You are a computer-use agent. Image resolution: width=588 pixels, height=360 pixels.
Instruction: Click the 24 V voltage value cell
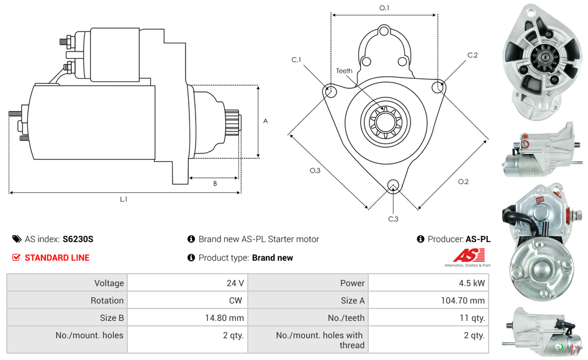pos(235,283)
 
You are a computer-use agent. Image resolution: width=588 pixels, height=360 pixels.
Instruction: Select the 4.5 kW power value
pos(474,283)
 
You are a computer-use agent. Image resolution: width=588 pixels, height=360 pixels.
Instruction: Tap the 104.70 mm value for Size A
pos(459,300)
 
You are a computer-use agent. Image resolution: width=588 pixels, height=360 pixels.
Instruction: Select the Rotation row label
pos(107,300)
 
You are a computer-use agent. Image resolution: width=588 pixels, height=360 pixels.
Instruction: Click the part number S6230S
pos(78,239)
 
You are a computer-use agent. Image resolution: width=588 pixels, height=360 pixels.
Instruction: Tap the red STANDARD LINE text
pos(57,258)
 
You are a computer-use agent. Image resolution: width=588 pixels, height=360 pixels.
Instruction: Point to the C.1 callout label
pos(296,60)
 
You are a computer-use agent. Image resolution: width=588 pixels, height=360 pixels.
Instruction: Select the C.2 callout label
pos(473,55)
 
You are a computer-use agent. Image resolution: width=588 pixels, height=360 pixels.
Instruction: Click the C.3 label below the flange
pos(393,218)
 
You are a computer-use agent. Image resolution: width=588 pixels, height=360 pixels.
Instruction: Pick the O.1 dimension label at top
pos(384,8)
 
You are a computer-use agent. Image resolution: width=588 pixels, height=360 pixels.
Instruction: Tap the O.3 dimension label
pos(315,171)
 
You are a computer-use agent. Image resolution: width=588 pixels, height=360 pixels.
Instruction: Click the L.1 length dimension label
pos(124,199)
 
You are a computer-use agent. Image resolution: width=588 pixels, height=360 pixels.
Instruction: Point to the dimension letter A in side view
pos(265,121)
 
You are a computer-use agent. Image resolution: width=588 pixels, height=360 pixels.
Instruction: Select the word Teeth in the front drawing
pos(344,71)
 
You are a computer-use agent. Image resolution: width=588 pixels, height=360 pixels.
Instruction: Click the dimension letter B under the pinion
pos(215,183)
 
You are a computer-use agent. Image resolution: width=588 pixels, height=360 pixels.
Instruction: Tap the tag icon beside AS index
pos(17,239)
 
